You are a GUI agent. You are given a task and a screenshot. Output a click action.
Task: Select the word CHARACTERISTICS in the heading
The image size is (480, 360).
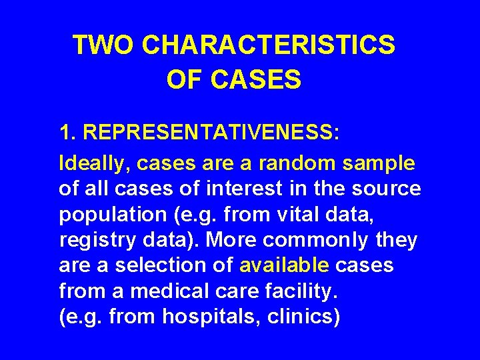point(268,45)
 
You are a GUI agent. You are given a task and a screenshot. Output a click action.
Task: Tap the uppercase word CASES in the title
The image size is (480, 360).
point(255,80)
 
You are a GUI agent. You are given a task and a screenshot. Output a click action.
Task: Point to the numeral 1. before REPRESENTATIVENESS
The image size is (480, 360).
point(68,132)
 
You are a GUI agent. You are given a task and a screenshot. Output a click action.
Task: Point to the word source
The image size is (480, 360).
point(388,189)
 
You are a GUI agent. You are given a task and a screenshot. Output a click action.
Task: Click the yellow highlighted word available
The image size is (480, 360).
point(284,265)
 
